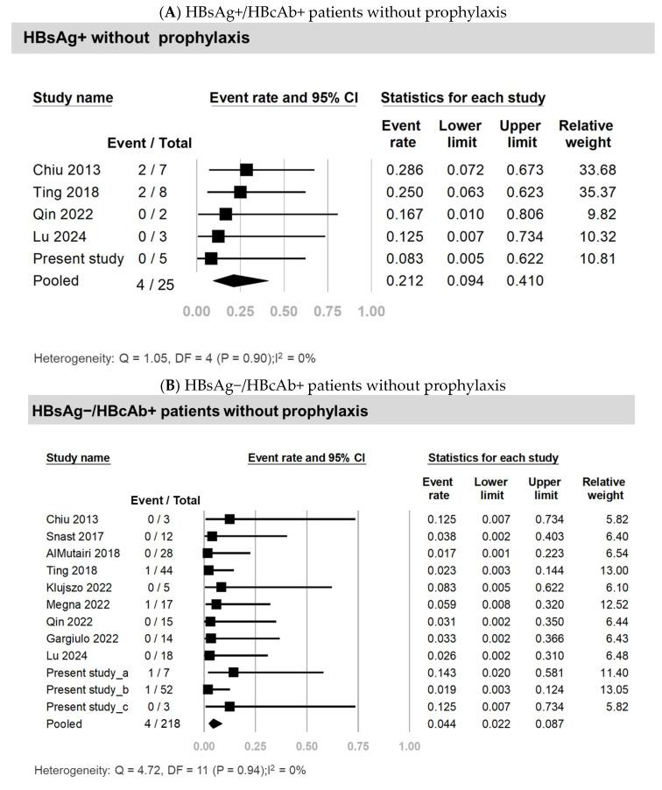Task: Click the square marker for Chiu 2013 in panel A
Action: [246, 170]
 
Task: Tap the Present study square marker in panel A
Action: [211, 258]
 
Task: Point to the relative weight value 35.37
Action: [584, 192]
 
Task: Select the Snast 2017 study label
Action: [72, 536]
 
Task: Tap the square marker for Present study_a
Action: [233, 672]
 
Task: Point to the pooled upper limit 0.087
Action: [545, 724]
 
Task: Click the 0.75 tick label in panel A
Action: [327, 311]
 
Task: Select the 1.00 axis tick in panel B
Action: [408, 746]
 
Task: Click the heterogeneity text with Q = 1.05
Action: [174, 358]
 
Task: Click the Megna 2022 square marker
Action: [216, 604]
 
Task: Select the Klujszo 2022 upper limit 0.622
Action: [545, 588]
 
